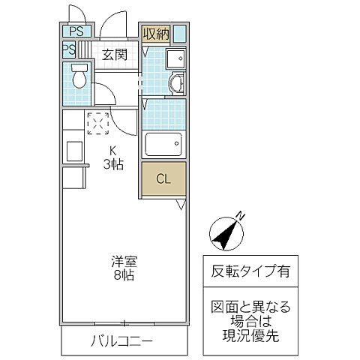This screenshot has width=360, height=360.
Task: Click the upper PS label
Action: click(x=76, y=31)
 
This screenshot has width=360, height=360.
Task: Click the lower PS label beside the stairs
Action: click(x=69, y=50)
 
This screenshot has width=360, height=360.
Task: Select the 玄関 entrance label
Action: click(x=115, y=55)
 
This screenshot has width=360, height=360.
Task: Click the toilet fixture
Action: click(x=78, y=76)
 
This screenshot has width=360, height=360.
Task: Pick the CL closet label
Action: click(x=163, y=179)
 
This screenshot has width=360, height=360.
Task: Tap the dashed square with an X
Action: click(x=98, y=123)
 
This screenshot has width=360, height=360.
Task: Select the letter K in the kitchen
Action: click(x=114, y=149)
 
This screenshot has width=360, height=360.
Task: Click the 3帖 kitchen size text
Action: click(x=114, y=164)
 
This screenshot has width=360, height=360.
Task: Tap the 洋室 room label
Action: click(x=124, y=262)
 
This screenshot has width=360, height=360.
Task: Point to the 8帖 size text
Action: click(x=124, y=277)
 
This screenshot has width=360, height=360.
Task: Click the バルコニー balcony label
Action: click(x=122, y=342)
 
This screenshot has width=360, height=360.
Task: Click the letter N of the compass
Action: click(x=241, y=217)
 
